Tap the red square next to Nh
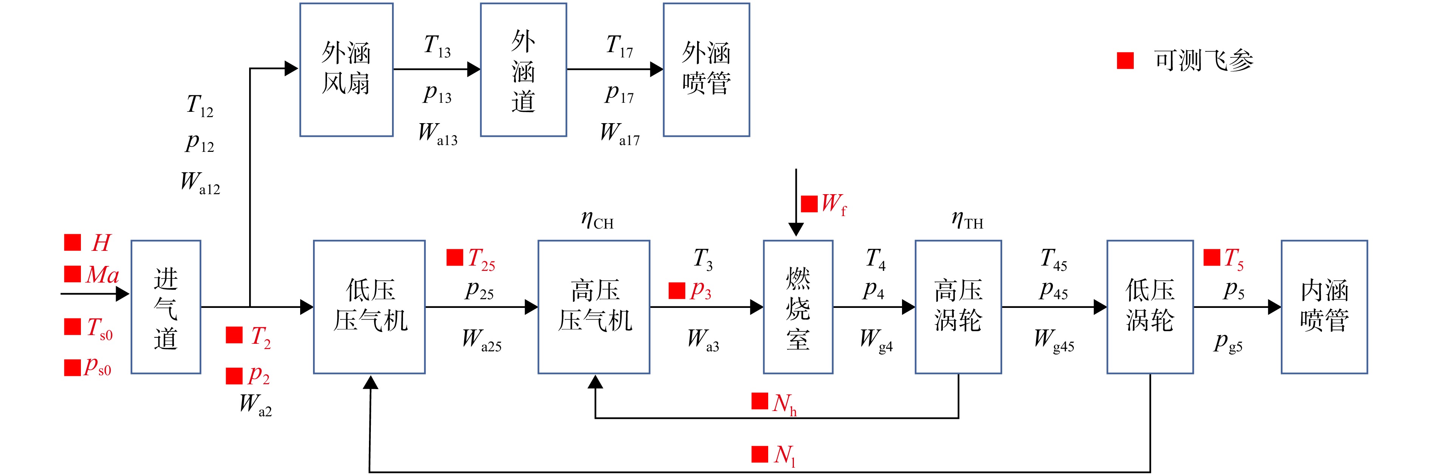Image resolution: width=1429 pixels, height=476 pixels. click(x=760, y=401)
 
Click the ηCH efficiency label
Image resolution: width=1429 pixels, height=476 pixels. click(x=597, y=221)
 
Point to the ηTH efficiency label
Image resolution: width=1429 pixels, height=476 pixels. click(x=967, y=221)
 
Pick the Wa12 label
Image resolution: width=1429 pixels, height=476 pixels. click(x=200, y=183)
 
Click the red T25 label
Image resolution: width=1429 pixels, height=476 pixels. click(x=482, y=259)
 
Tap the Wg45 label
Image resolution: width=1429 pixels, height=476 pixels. click(x=1054, y=339)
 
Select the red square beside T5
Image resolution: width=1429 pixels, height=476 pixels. click(x=1212, y=257)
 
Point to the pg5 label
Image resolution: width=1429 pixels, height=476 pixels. click(x=1228, y=342)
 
